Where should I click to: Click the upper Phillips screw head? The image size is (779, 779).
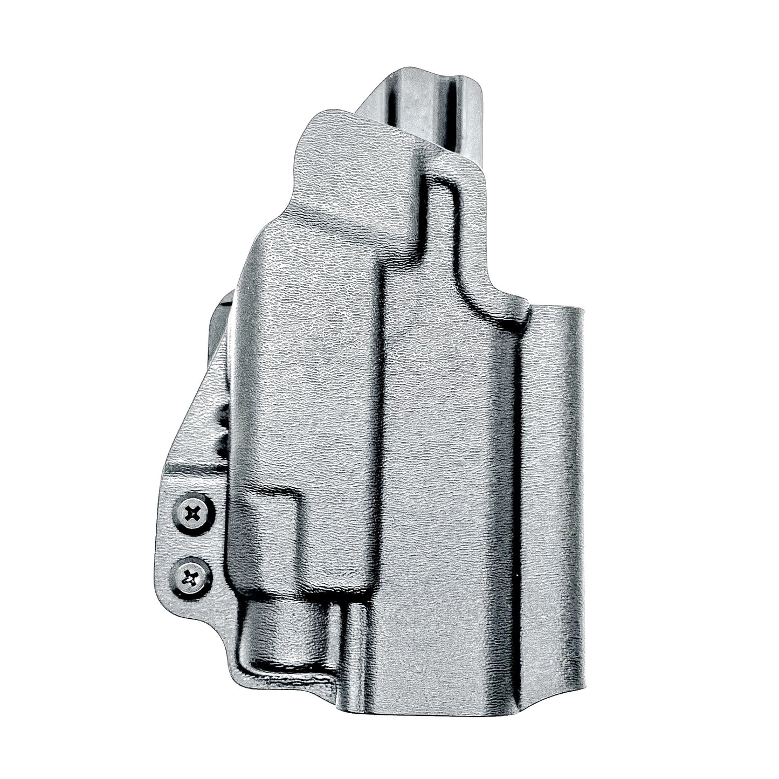(x=192, y=514)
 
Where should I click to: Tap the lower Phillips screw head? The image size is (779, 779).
(x=190, y=579)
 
